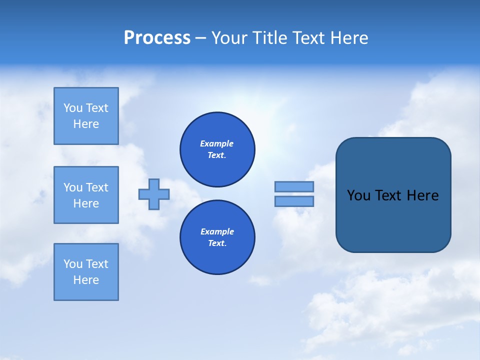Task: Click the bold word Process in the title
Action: point(157,38)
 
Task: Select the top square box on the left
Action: point(86,116)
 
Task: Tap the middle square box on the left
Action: point(86,195)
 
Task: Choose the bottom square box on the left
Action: point(86,272)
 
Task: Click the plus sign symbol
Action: point(154,194)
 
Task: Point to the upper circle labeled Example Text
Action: point(217,149)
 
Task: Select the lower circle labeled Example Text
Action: point(217,237)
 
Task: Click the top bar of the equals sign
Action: point(294,186)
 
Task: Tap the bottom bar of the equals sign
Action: point(294,201)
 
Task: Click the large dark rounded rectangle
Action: point(393,220)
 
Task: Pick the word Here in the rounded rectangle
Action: point(422,195)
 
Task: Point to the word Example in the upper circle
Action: point(216,143)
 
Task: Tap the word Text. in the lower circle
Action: point(216,243)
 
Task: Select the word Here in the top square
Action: point(86,124)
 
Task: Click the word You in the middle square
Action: point(73,187)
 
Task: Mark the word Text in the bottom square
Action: point(97,264)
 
